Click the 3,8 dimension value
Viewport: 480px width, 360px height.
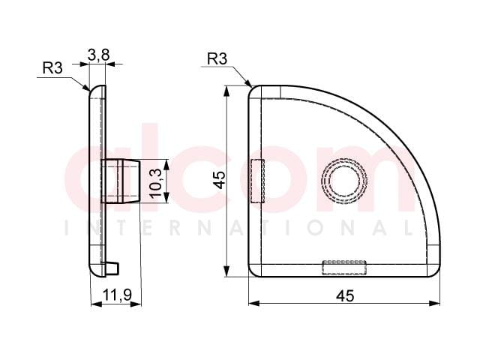[x=98, y=55]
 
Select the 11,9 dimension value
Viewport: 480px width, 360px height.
[x=117, y=295]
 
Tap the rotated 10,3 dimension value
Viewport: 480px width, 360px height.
[x=156, y=184]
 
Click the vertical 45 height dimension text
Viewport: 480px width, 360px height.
[x=219, y=180]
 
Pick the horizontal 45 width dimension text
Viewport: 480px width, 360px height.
[x=345, y=295]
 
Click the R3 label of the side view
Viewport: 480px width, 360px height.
[x=52, y=67]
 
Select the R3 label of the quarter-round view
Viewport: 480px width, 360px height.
[x=217, y=58]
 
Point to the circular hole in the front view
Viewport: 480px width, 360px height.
[x=344, y=181]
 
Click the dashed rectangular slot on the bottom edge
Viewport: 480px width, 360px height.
[x=344, y=268]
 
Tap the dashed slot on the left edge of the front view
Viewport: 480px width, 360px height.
[x=258, y=181]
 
